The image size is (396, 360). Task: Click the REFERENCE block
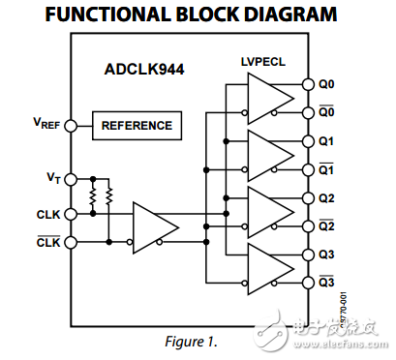137,125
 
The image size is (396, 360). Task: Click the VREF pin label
46,125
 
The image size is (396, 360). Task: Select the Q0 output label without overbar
326,83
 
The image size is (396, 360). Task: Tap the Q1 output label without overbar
326,141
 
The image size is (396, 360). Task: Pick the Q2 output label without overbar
326,197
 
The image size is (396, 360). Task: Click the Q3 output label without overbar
326,255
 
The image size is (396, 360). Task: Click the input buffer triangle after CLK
153,226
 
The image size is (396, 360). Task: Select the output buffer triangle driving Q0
268,98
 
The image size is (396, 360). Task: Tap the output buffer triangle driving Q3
268,269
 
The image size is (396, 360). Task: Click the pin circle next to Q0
310,83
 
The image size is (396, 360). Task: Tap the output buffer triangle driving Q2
268,212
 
